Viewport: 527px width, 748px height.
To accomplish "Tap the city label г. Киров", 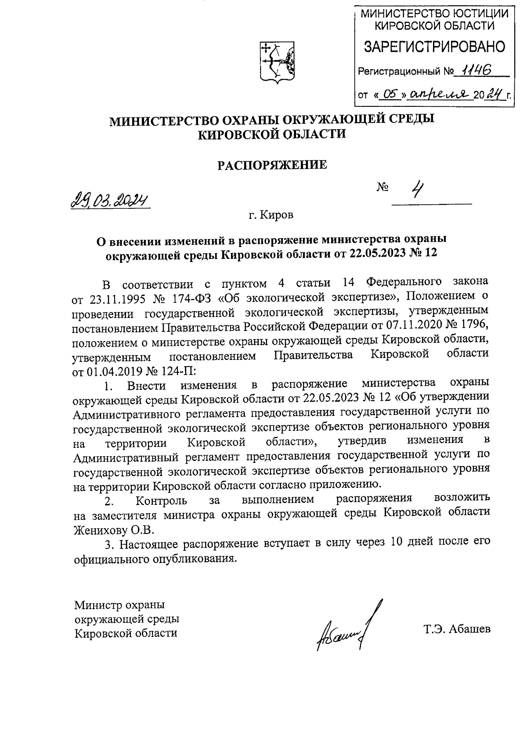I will point(269,215).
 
